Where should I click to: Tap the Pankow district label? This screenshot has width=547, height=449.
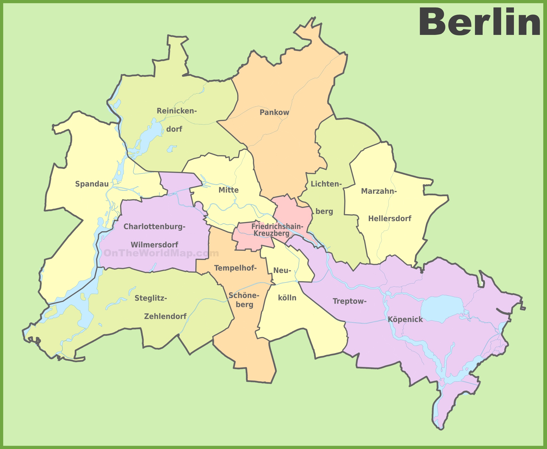(x=274, y=112)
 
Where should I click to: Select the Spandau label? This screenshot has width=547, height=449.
(x=92, y=184)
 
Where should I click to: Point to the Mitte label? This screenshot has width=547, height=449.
(x=228, y=190)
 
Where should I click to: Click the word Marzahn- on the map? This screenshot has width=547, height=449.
(x=379, y=191)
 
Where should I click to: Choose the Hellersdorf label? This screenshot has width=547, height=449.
(x=390, y=219)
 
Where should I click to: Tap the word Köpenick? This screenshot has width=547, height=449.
(x=405, y=319)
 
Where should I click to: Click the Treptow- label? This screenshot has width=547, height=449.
(x=350, y=301)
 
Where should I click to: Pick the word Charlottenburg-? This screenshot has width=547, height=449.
(x=154, y=226)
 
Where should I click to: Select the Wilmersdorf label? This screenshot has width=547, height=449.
(x=154, y=245)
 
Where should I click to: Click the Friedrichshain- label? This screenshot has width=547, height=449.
(x=277, y=226)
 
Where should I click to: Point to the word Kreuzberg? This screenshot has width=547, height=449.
(x=271, y=233)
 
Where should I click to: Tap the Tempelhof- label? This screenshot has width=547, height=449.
(x=235, y=268)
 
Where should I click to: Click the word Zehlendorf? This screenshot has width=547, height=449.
(x=165, y=316)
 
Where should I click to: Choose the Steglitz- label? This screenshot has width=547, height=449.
(x=151, y=298)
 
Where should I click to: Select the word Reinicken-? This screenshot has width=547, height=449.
(x=176, y=111)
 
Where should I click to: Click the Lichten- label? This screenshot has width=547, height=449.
(x=326, y=184)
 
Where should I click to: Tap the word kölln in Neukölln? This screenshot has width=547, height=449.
(x=287, y=298)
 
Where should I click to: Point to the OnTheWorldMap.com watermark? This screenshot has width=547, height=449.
(x=161, y=253)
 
